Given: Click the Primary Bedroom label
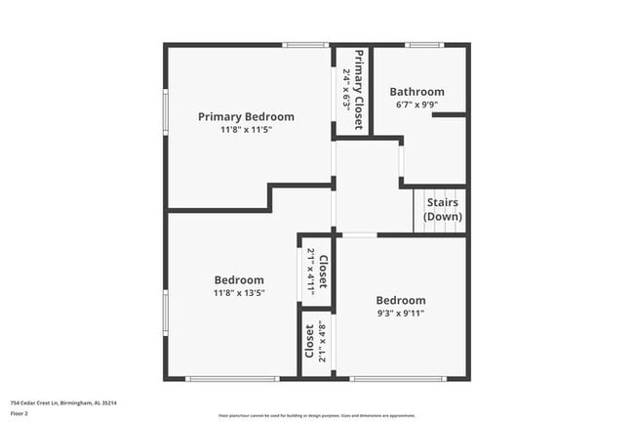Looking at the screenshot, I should click(x=246, y=116).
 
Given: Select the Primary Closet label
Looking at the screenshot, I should click(x=359, y=89).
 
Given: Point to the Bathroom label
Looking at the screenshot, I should click(x=417, y=92).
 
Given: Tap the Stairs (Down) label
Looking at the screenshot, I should click(x=443, y=209).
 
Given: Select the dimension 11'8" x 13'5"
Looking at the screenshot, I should click(x=239, y=292).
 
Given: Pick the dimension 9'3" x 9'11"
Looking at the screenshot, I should click(x=400, y=314).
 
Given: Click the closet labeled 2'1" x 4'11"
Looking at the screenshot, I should click(x=317, y=266).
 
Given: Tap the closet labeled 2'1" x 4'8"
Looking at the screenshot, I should click(x=316, y=341).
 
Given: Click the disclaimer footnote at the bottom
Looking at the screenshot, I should click(x=317, y=415).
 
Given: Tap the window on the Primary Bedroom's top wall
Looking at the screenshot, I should click(x=304, y=45).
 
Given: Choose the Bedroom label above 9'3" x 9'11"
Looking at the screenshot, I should click(x=400, y=300).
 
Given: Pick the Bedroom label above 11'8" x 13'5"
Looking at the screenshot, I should click(x=239, y=279).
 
